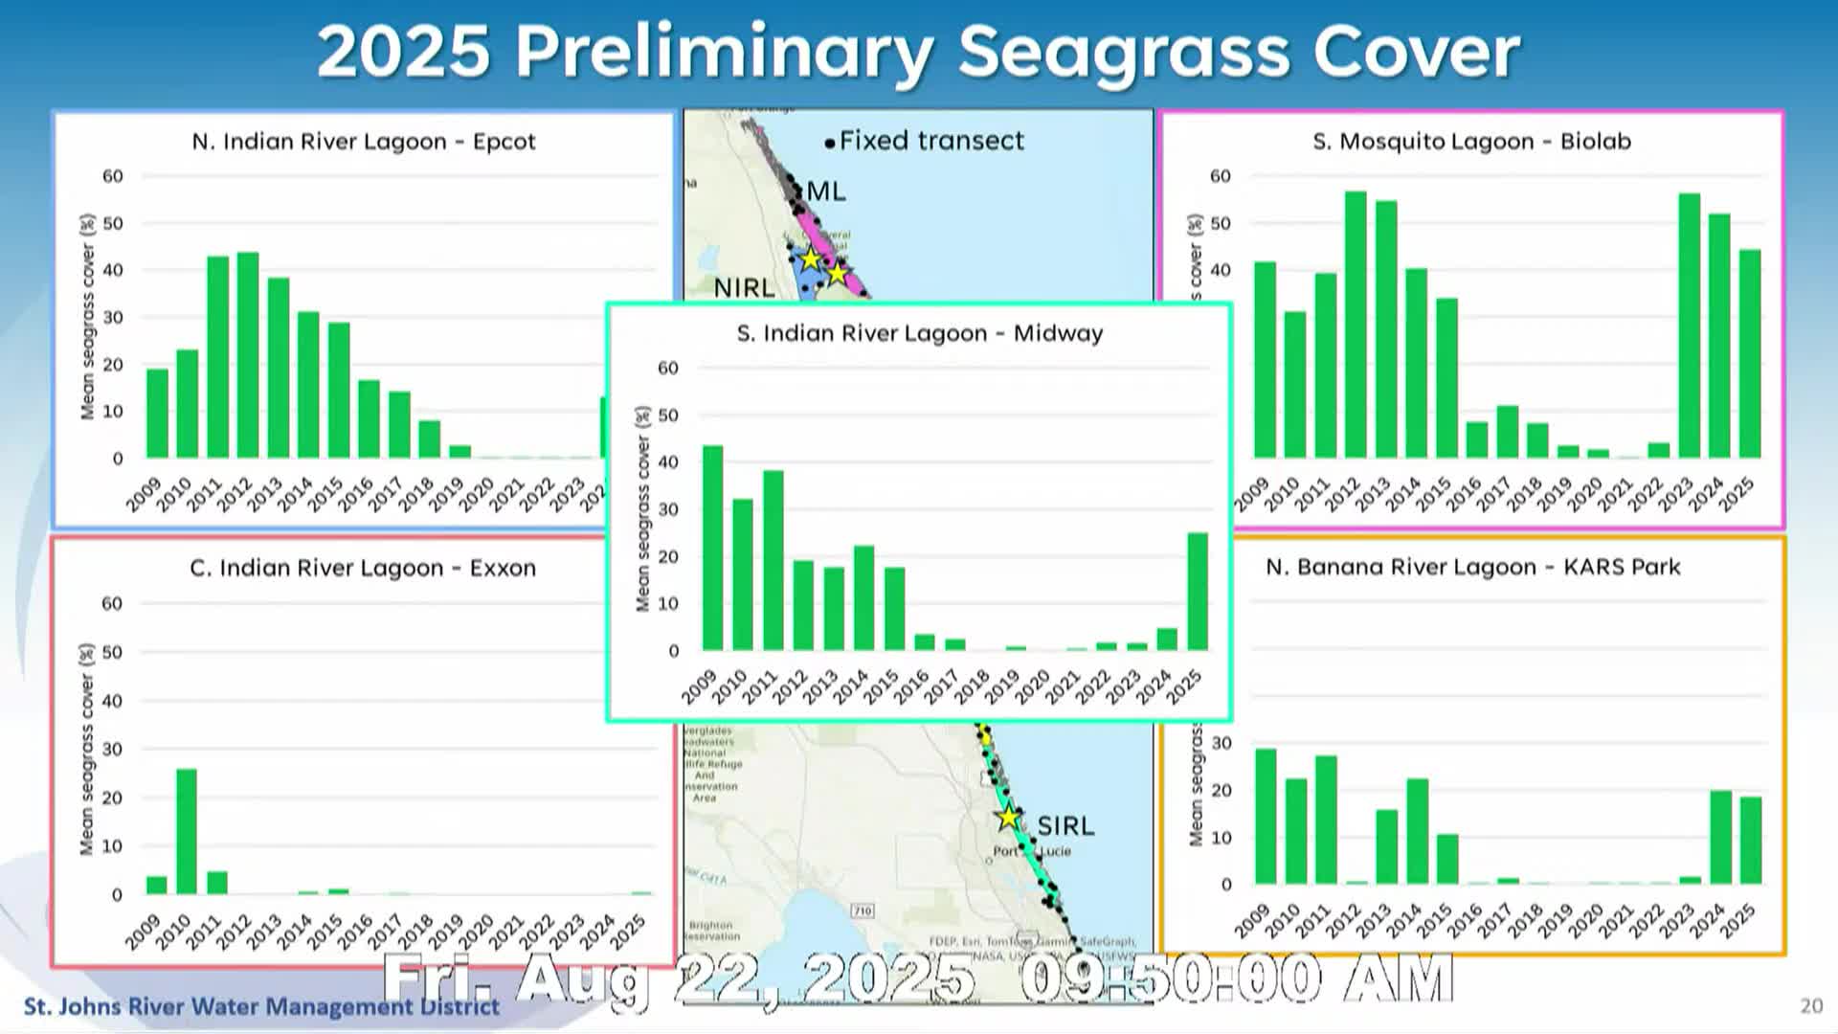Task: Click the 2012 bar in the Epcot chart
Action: point(248,355)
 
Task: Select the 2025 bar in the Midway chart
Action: point(1197,592)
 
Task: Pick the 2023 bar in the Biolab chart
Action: point(1689,326)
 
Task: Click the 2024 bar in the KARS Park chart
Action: point(1720,837)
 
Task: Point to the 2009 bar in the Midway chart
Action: point(712,548)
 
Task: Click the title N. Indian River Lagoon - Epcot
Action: point(363,142)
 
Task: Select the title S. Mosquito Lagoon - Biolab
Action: point(1471,142)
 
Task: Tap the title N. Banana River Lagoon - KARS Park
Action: point(1472,567)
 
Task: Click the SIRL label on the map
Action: point(1065,825)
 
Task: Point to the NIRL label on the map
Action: point(744,287)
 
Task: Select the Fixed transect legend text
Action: point(930,141)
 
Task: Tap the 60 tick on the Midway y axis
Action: point(667,368)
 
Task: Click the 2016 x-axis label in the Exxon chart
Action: point(356,931)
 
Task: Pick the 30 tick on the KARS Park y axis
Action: point(1222,743)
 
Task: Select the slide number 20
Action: point(1810,1005)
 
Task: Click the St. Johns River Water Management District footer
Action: point(261,1006)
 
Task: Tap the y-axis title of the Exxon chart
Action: point(87,750)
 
